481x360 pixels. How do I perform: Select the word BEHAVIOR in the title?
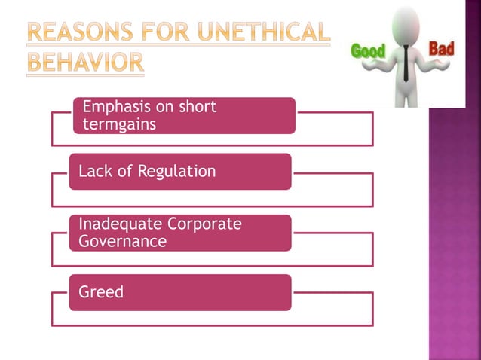coord(85,63)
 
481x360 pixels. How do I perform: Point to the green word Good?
coord(368,51)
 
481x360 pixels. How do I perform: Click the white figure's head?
coord(406,22)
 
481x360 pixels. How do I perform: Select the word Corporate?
coord(205,224)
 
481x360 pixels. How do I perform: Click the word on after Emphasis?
coord(164,107)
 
